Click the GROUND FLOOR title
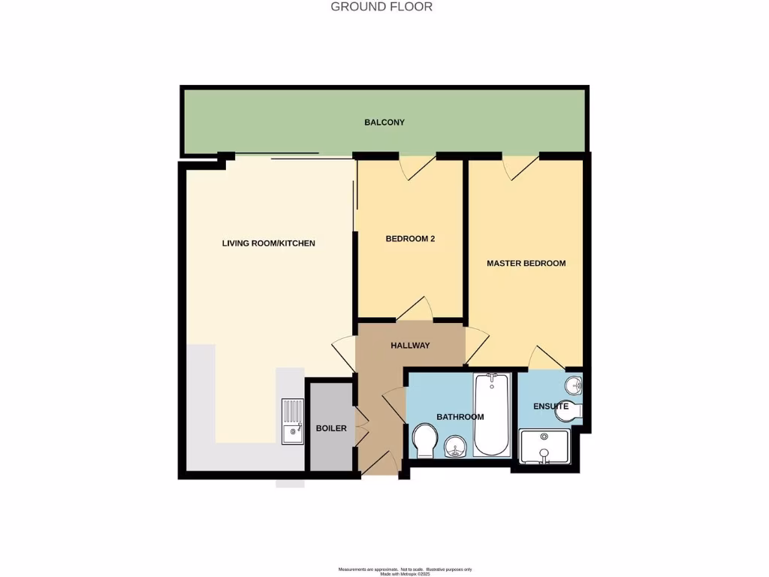tap(381, 7)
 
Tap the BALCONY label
tap(384, 122)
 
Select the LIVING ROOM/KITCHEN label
tap(268, 243)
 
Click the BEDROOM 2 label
tap(410, 239)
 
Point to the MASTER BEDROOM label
tap(526, 263)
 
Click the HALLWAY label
tap(410, 346)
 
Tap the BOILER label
tap(331, 428)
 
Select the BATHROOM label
tap(460, 416)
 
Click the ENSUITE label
tap(550, 406)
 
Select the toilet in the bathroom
tap(425, 440)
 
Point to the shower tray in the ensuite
tap(545, 447)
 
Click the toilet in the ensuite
tap(572, 412)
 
